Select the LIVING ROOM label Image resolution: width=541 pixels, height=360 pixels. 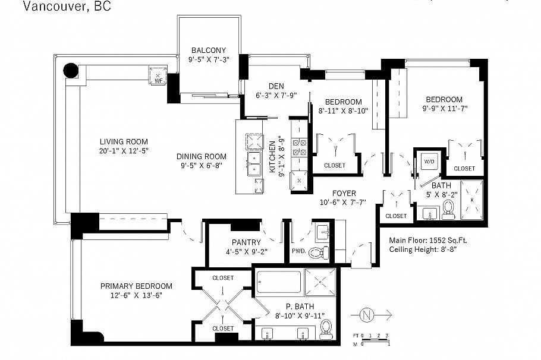point(123,141)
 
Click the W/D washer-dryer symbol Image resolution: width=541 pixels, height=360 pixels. point(429,162)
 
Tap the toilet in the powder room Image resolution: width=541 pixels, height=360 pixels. point(322,252)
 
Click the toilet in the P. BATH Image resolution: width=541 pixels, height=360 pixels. point(326,329)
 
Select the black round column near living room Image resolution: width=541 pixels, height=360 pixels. point(71,71)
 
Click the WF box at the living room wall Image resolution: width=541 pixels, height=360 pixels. point(158,76)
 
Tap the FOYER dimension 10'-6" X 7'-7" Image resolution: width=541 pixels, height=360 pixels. point(344,203)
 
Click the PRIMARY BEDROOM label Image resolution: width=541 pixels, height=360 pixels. point(136,286)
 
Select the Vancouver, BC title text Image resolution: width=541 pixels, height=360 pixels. point(58,7)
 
